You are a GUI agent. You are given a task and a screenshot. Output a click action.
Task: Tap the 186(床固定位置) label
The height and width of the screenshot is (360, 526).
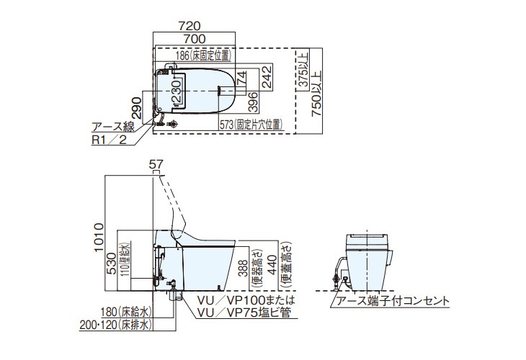tap(204, 55)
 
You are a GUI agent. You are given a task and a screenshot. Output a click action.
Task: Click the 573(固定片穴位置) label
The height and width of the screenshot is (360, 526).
tap(251, 125)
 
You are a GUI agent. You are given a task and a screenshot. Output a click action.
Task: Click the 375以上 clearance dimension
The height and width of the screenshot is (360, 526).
tap(303, 71)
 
